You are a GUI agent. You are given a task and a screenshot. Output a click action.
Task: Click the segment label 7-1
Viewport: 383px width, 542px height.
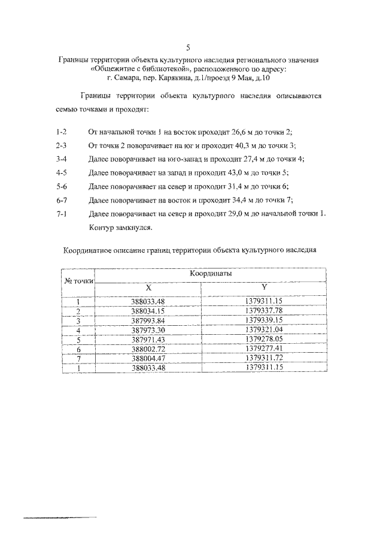tap(60, 214)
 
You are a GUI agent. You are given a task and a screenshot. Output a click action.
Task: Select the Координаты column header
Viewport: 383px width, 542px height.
tap(211, 273)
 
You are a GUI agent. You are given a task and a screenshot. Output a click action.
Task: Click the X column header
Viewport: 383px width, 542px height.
tap(148, 287)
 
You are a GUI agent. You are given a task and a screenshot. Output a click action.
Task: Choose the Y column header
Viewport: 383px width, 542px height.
tap(264, 287)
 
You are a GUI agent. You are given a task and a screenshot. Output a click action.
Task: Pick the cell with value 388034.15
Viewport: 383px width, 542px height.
tap(147, 311)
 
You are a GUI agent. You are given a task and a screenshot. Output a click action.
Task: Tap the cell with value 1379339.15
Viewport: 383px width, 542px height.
tap(264, 320)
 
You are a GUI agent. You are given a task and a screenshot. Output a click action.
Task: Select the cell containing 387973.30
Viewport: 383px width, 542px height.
tap(147, 330)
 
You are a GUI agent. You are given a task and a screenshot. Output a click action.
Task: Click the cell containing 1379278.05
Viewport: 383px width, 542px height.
tap(264, 340)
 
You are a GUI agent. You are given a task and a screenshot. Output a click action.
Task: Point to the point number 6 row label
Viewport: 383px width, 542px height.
tap(78, 349)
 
